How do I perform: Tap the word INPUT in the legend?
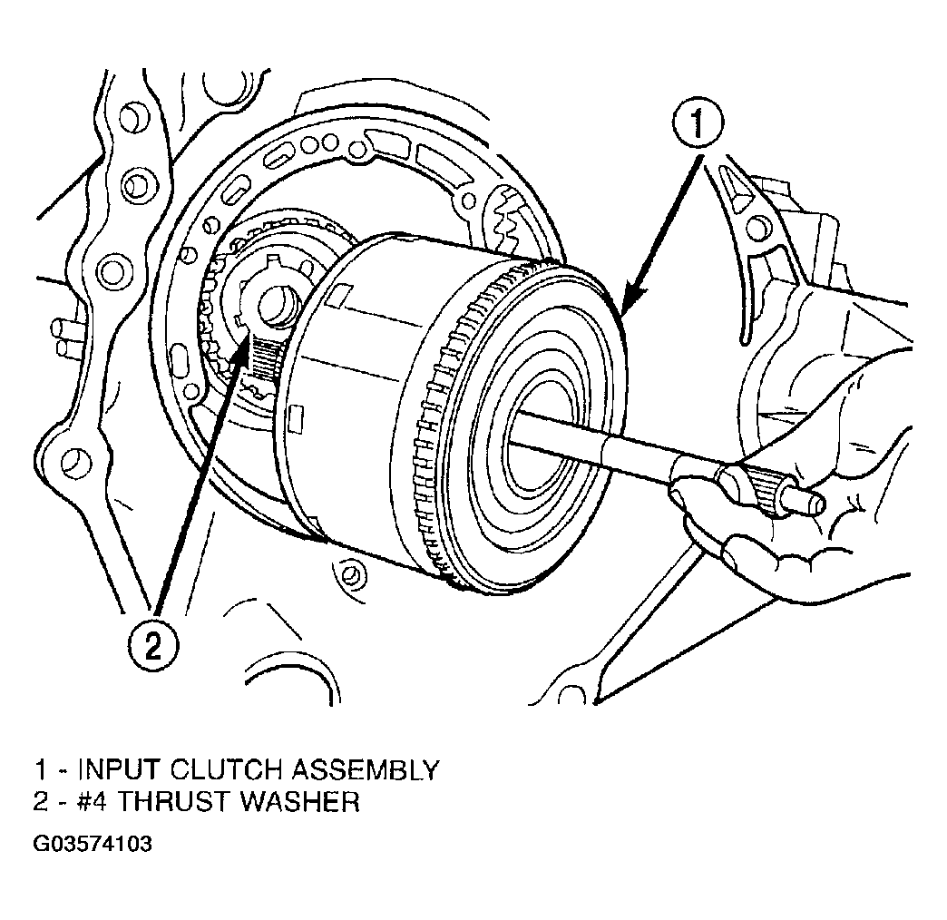(120, 770)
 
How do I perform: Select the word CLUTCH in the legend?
(226, 770)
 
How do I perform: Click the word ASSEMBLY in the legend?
(366, 770)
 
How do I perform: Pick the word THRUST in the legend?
(173, 802)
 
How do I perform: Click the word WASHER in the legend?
(299, 802)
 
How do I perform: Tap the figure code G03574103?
(93, 843)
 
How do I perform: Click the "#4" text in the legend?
(93, 802)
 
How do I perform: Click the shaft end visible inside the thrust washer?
(279, 308)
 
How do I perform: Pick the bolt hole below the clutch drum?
(350, 574)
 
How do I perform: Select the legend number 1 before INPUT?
(40, 770)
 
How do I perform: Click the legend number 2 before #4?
(41, 802)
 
